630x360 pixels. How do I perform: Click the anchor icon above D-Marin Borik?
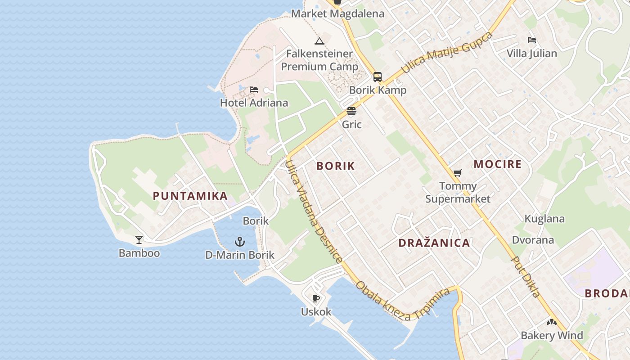coord(240,242)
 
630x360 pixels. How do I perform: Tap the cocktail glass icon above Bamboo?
coord(139,240)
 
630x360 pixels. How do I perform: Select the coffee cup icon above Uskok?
coord(316,298)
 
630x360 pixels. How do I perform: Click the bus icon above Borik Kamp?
coord(378,77)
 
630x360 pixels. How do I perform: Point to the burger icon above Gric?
coord(351,111)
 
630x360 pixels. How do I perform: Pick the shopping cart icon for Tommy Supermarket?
coord(458,173)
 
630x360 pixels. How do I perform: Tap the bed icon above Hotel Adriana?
coord(254,90)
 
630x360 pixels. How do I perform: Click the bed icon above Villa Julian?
coord(532,40)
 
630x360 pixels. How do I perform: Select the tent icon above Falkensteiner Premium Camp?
coord(319,41)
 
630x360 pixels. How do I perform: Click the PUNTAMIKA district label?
coord(190,196)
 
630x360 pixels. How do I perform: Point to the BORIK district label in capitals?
coord(336,166)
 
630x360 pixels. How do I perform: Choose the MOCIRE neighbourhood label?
coord(497,164)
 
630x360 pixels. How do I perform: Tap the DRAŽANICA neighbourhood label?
coord(434,243)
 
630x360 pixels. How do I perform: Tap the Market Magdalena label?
coord(337,13)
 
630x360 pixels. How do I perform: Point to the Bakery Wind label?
coord(552,335)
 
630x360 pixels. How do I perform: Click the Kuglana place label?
coord(544,219)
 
